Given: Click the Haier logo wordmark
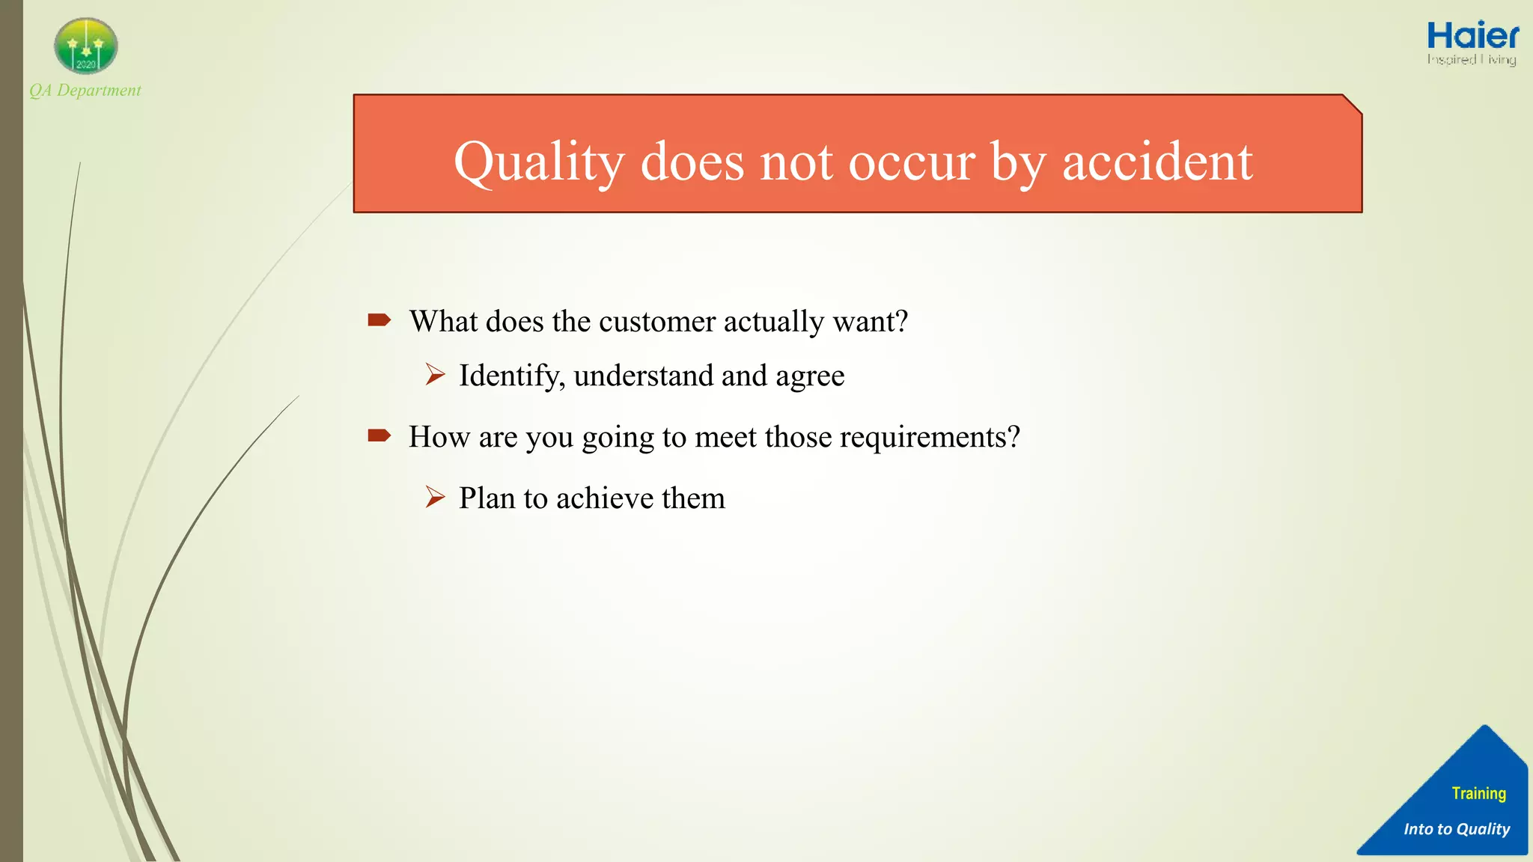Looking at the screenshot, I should (x=1472, y=37).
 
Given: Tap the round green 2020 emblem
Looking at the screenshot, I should (x=86, y=46).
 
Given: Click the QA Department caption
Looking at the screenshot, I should (x=85, y=91).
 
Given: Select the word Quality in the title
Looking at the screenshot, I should (x=539, y=162).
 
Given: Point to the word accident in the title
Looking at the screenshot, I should (x=1157, y=162).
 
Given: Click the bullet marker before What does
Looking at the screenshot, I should (x=379, y=320).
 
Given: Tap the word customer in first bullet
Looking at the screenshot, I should (x=657, y=322).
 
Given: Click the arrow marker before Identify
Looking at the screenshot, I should (x=435, y=374).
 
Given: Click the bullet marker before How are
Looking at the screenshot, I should (x=379, y=435).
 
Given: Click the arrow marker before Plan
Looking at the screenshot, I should (x=435, y=497).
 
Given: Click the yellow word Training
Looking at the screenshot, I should (x=1478, y=793).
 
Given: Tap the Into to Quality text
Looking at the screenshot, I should (x=1457, y=829).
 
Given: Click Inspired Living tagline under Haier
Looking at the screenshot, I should (x=1471, y=59).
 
